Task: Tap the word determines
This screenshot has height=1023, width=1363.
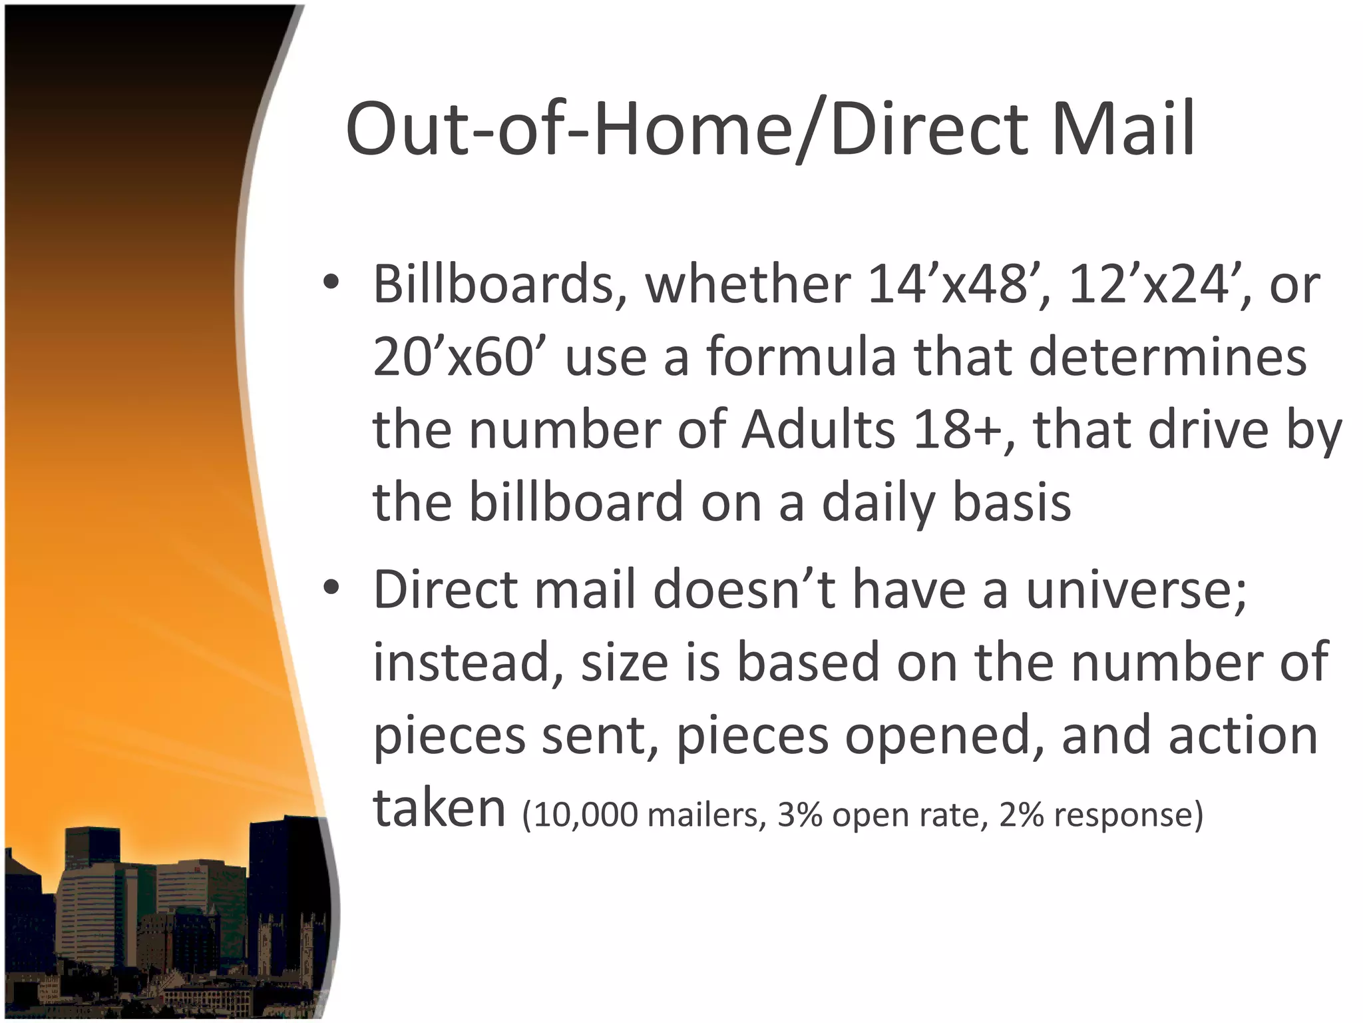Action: [1168, 357]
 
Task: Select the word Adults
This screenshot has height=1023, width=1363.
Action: [819, 430]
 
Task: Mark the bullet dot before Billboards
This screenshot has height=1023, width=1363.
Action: [331, 282]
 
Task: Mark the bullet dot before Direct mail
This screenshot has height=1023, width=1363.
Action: [331, 587]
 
